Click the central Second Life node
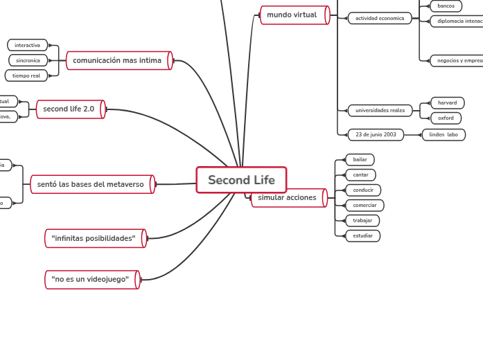pos(241,180)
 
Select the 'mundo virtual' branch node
pos(293,15)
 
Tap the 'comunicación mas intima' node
pos(118,61)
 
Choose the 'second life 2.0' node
pos(69,109)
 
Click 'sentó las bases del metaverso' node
pos(91,184)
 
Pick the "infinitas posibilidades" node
pos(94,238)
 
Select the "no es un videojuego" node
pos(91,279)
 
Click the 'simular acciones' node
pos(288,198)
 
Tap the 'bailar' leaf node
pos(360,160)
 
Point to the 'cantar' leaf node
pos(360,174)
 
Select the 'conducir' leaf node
pos(363,190)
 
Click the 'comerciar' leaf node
pos(365,206)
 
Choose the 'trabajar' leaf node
pos(362,221)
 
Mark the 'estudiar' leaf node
pos(362,236)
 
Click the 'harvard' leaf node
pos(447,103)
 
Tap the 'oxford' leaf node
pos(446,118)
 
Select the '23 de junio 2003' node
pos(375,134)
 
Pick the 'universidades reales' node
pos(380,111)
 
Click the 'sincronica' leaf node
pos(28,60)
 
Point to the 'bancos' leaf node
pos(446,6)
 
